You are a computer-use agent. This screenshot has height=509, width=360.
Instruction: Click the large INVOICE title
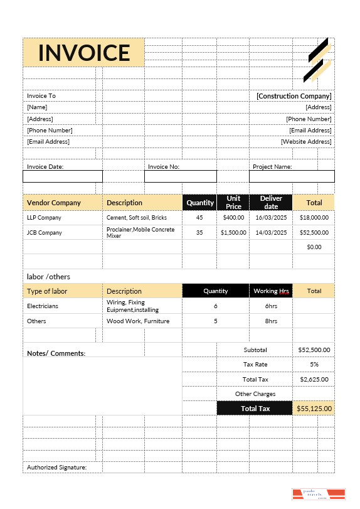tap(83, 53)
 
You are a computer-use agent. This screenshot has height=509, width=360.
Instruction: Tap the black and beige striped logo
tap(318, 60)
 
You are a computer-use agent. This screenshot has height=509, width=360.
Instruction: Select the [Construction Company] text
tap(294, 96)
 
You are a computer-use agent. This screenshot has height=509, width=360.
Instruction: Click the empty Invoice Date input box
tap(62, 176)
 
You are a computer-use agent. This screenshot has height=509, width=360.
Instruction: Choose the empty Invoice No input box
tap(180, 176)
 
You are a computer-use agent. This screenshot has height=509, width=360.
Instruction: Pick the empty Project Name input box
tap(292, 176)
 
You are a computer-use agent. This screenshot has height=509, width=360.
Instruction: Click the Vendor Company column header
tap(54, 203)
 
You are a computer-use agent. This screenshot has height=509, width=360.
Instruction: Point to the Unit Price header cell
tap(233, 203)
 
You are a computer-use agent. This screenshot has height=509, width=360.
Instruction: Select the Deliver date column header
tap(271, 203)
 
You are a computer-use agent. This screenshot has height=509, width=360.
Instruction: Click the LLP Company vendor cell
tap(45, 218)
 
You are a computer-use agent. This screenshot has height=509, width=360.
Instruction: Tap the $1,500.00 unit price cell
tap(233, 232)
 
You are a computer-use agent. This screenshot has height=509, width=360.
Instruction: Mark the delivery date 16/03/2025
tap(271, 218)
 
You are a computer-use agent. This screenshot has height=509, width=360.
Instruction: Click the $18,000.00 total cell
tap(314, 218)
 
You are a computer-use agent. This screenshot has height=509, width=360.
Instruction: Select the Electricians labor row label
tap(43, 306)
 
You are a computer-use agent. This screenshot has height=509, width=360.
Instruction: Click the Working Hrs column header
tap(271, 291)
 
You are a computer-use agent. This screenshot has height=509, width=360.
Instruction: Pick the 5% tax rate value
tap(314, 364)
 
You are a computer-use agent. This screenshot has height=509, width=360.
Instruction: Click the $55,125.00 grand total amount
tap(314, 409)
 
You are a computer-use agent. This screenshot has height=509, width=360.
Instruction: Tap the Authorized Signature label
tap(56, 468)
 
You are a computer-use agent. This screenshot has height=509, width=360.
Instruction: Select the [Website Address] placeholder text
tap(306, 142)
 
